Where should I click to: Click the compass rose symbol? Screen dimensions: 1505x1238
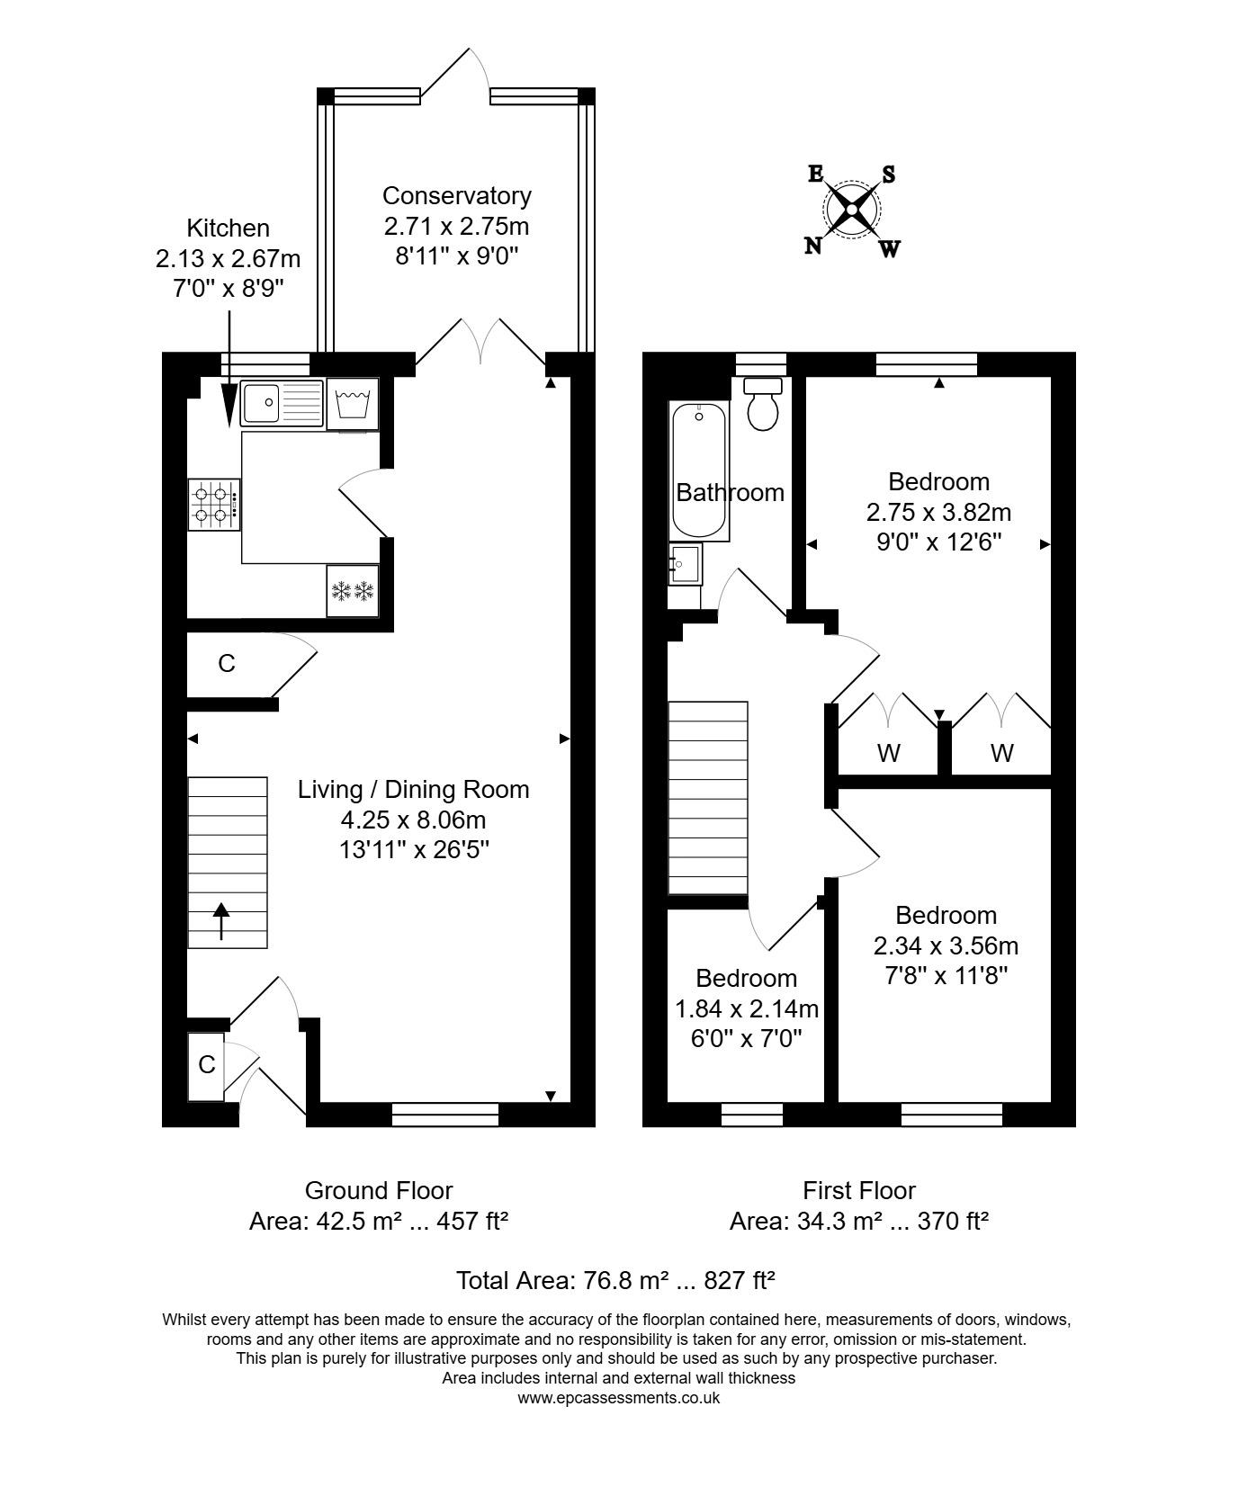(x=851, y=211)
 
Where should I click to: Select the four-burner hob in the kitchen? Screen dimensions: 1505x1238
(x=214, y=505)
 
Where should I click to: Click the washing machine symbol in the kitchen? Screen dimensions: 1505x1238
(x=353, y=403)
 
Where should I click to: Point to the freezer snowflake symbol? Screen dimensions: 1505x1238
(x=353, y=591)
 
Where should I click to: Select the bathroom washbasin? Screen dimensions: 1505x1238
(x=685, y=564)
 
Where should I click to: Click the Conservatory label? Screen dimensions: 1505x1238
(x=456, y=195)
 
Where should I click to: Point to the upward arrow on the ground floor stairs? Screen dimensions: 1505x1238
(x=221, y=921)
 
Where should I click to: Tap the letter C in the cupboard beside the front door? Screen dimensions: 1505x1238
(x=207, y=1065)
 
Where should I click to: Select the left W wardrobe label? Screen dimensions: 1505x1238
(x=888, y=753)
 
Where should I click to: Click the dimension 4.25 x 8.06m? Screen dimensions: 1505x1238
(x=413, y=820)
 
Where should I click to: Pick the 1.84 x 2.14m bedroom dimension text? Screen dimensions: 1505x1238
(x=747, y=1008)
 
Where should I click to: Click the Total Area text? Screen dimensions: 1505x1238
(x=615, y=1280)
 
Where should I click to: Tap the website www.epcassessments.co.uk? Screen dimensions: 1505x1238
(x=618, y=1398)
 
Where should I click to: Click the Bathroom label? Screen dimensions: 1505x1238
(x=730, y=492)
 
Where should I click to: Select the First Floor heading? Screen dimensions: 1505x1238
(x=858, y=1190)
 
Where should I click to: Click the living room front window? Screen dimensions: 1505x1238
(x=445, y=1114)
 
